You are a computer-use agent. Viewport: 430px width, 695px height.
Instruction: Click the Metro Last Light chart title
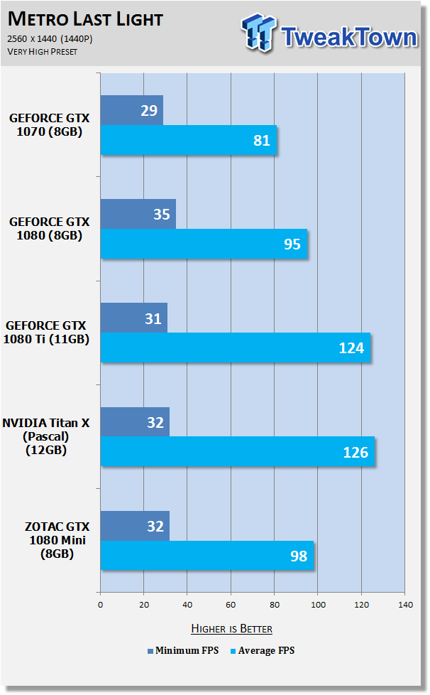tap(85, 19)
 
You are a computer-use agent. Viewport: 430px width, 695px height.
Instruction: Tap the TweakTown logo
tap(329, 33)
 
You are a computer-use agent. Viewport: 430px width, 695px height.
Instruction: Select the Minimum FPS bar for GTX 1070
tap(132, 110)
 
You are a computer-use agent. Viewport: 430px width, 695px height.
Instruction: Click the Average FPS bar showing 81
tap(189, 140)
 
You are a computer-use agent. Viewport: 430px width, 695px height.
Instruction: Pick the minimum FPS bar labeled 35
tap(138, 214)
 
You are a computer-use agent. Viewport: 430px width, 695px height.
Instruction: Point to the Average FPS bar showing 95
tap(204, 244)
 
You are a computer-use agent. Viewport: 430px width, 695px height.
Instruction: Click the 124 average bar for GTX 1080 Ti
tap(236, 347)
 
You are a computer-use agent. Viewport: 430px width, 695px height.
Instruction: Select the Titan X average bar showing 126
tap(238, 451)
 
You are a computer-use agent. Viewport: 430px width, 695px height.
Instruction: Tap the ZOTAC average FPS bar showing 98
tap(207, 556)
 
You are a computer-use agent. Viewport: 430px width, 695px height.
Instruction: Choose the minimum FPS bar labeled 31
tap(134, 318)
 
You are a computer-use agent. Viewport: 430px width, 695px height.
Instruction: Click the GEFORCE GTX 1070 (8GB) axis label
tap(50, 125)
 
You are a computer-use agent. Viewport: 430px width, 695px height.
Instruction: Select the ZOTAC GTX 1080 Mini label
tap(57, 540)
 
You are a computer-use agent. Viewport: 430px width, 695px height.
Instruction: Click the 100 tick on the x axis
tap(318, 605)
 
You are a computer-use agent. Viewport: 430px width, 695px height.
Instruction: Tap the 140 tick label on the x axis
tap(405, 605)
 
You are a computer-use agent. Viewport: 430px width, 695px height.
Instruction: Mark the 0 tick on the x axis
tap(101, 605)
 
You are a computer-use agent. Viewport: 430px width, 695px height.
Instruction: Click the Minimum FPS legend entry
tap(183, 651)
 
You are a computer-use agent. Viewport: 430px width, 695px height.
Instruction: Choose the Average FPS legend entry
tap(263, 651)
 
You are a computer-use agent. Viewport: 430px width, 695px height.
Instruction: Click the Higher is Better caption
tap(232, 628)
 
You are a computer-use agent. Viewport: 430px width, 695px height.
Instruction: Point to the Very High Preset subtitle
tap(43, 52)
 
